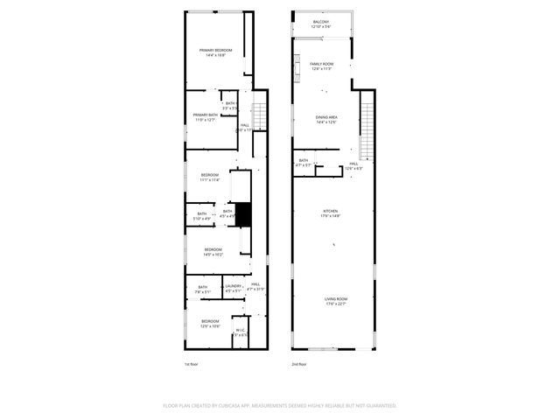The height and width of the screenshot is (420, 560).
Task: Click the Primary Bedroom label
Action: coord(214,52)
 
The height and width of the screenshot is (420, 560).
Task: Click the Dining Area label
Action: coord(326,119)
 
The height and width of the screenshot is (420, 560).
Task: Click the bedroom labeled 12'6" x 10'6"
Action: coord(210,324)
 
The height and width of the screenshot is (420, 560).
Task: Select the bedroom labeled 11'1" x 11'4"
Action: coord(209,178)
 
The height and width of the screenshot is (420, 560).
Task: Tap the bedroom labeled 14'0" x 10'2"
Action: coord(213,252)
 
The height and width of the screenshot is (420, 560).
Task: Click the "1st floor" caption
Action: coord(191,364)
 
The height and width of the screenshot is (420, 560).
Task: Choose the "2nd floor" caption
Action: coord(298,364)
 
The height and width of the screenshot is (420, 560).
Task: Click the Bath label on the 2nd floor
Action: coord(304,162)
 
